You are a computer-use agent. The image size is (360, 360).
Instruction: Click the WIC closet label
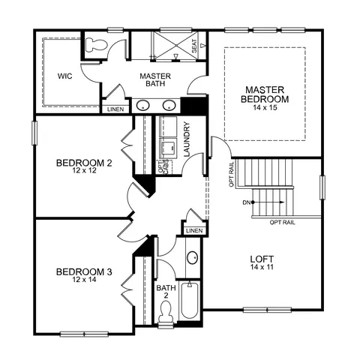click(65, 76)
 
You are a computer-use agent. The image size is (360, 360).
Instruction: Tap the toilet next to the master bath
click(96, 45)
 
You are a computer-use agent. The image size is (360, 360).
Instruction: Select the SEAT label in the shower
click(194, 46)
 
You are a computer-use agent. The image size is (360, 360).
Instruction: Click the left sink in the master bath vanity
click(142, 105)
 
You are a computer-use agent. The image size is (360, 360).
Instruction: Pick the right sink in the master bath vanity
click(169, 105)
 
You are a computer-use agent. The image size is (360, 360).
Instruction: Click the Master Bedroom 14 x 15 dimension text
click(265, 108)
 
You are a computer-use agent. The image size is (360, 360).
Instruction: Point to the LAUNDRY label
click(187, 139)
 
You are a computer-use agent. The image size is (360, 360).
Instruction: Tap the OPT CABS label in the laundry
click(165, 166)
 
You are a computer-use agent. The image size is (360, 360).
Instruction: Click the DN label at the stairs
click(247, 202)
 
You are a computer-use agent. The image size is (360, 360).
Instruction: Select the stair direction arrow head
click(282, 202)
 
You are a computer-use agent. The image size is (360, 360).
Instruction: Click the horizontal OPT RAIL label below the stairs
click(282, 222)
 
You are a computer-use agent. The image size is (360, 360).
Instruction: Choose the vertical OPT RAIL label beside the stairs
click(232, 175)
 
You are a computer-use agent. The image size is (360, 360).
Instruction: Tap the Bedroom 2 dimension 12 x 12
click(84, 171)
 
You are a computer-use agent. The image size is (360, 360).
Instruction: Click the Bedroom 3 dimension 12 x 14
click(84, 280)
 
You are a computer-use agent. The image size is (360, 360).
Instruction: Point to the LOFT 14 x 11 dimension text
click(262, 267)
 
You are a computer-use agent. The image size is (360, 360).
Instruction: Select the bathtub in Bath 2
click(190, 300)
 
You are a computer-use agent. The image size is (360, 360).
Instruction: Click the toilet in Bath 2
click(166, 312)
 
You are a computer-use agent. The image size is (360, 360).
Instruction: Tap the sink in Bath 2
click(193, 257)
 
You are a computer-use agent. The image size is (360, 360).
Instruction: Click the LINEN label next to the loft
click(194, 231)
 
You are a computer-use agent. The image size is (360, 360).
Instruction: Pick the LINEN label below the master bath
click(115, 109)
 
